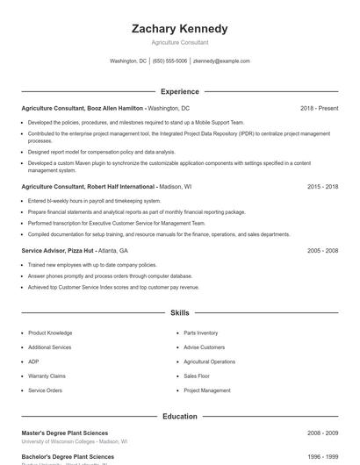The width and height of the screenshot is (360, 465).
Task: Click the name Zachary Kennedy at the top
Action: pyautogui.click(x=179, y=28)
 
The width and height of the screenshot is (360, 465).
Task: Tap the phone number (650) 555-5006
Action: pyautogui.click(x=169, y=61)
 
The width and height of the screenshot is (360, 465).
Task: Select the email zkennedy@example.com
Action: pyautogui.click(x=221, y=61)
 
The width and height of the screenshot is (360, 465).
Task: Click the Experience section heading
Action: pyautogui.click(x=179, y=91)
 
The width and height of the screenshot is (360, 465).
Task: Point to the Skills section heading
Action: pyautogui.click(x=179, y=312)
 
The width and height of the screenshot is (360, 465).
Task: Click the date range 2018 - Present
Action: pyautogui.click(x=319, y=108)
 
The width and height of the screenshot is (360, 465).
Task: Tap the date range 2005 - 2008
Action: pyautogui.click(x=322, y=250)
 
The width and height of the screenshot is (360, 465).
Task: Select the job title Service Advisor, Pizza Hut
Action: pyautogui.click(x=60, y=250)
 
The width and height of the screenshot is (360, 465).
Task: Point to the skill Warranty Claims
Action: pyautogui.click(x=47, y=376)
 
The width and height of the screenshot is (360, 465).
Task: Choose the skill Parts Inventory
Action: pyautogui.click(x=201, y=333)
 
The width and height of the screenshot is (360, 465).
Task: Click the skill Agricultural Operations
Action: pyautogui.click(x=209, y=361)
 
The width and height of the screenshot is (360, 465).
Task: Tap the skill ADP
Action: pyautogui.click(x=33, y=361)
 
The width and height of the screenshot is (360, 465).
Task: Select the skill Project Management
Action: pyautogui.click(x=207, y=390)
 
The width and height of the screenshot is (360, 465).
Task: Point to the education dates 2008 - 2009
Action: pyautogui.click(x=322, y=433)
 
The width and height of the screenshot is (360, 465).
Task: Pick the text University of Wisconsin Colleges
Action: pyautogui.click(x=58, y=442)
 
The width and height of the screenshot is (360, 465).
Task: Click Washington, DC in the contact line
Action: pyautogui.click(x=128, y=61)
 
